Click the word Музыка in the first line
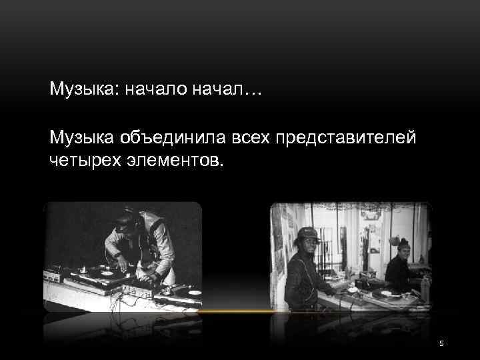point(79,89)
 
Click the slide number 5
point(441,343)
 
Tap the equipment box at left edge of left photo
point(53,275)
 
